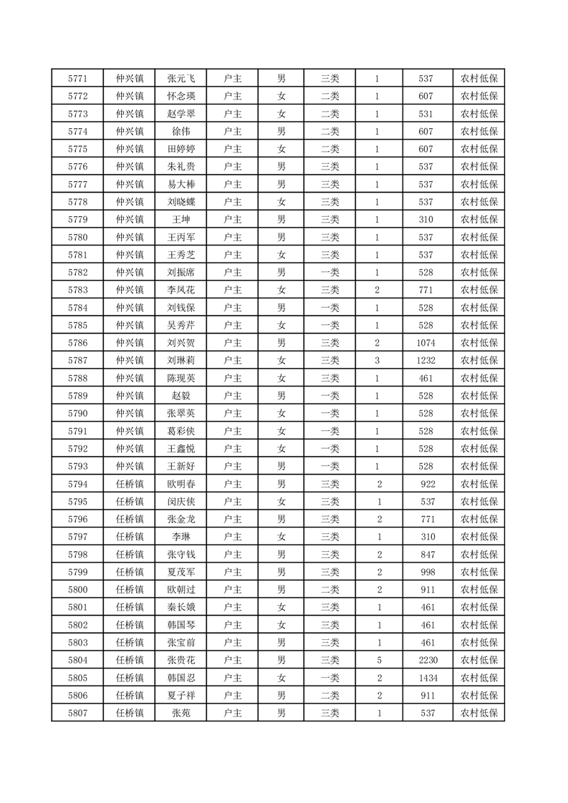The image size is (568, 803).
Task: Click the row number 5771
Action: click(77, 79)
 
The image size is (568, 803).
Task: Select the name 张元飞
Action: click(180, 79)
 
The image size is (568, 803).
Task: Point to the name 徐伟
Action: click(180, 132)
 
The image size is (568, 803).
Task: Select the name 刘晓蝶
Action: click(180, 202)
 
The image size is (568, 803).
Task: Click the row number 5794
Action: click(77, 484)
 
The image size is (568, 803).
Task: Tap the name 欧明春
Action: click(180, 484)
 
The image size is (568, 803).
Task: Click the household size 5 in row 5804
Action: click(377, 660)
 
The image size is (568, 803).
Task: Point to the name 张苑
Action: click(180, 713)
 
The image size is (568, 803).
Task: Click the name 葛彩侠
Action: click(180, 431)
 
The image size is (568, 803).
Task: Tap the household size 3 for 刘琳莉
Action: click(377, 360)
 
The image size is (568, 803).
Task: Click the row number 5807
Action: click(77, 713)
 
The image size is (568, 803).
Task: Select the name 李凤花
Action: click(180, 290)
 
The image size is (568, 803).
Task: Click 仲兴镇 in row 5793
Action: click(130, 466)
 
